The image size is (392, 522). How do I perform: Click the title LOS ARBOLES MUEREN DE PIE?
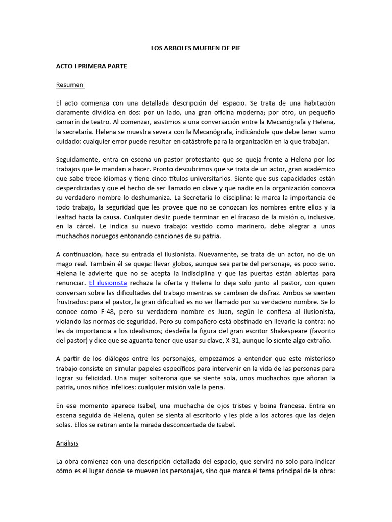(x=195, y=48)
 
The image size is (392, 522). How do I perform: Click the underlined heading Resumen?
(x=69, y=85)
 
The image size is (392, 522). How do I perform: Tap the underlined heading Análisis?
(x=67, y=443)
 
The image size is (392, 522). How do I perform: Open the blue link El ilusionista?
(x=108, y=282)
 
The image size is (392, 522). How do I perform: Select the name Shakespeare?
(x=287, y=330)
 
